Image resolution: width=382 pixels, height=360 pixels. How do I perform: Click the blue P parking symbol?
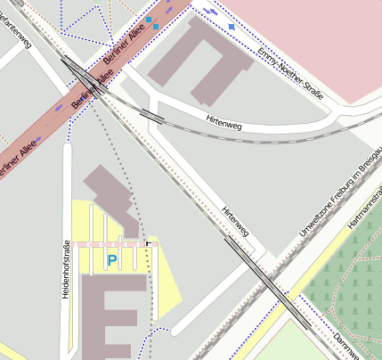tap(111, 259)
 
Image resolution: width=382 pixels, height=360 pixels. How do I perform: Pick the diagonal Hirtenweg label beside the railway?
tap(234, 221)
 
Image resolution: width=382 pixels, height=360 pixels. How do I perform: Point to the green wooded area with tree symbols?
tap(347, 285)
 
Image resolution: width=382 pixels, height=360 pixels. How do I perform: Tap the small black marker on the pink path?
tap(148, 242)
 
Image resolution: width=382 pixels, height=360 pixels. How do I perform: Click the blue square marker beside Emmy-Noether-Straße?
tap(232, 28)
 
